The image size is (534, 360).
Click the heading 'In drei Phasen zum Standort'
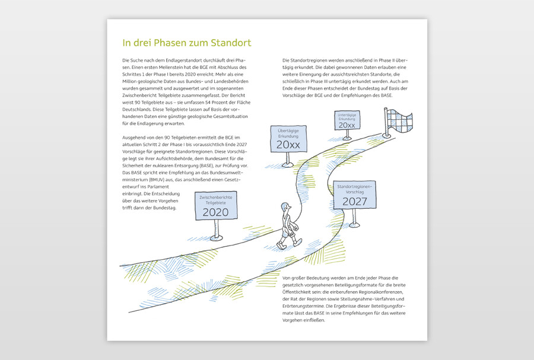pyautogui.click(x=186, y=43)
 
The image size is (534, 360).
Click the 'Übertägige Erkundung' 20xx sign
pyautogui.click(x=288, y=145)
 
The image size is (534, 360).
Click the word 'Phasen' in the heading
pyautogui.click(x=163, y=43)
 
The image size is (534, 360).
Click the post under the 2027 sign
pyautogui.click(x=355, y=217)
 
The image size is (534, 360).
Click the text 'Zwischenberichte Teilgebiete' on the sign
pyautogui.click(x=215, y=199)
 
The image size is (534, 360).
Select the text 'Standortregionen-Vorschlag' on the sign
pyautogui.click(x=354, y=190)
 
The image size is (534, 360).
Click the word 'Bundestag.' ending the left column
pyautogui.click(x=161, y=215)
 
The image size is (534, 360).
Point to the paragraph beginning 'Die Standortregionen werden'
pyautogui.click(x=344, y=78)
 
